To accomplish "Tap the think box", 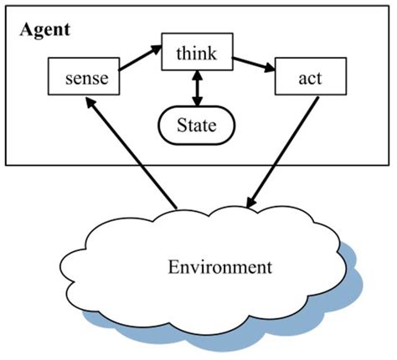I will click(198, 53).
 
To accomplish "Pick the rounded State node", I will click(198, 126).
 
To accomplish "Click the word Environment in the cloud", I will click(220, 268).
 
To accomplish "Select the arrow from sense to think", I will click(141, 59).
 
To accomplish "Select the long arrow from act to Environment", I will click(284, 151).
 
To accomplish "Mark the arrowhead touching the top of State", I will click(198, 105).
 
